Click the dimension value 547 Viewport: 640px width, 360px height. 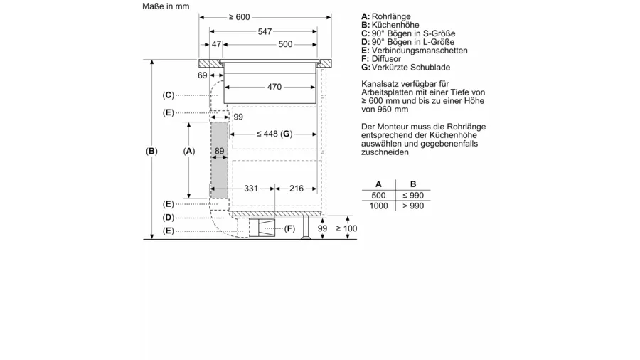[x=265, y=31]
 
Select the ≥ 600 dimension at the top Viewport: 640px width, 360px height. [x=239, y=17]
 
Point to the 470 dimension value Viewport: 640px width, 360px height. [x=274, y=87]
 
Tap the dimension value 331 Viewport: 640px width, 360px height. [x=251, y=188]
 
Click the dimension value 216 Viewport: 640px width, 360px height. [x=297, y=188]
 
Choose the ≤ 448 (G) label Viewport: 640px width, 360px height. [x=274, y=134]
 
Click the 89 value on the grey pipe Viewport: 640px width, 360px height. [x=220, y=151]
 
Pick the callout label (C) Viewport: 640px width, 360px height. [x=168, y=95]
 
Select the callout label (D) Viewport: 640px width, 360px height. [x=168, y=218]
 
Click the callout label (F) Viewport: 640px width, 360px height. [x=289, y=228]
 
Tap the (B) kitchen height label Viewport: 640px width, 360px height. [x=151, y=151]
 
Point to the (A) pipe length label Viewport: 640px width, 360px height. [x=188, y=151]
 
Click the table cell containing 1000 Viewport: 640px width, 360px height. [x=378, y=206]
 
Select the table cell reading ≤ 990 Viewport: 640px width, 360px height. [x=413, y=196]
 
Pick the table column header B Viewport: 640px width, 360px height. [x=413, y=184]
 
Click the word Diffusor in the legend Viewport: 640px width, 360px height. [x=386, y=59]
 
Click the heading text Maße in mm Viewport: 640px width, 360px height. [x=166, y=6]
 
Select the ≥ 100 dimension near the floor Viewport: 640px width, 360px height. [x=346, y=228]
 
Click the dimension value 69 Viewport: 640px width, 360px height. [x=203, y=75]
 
